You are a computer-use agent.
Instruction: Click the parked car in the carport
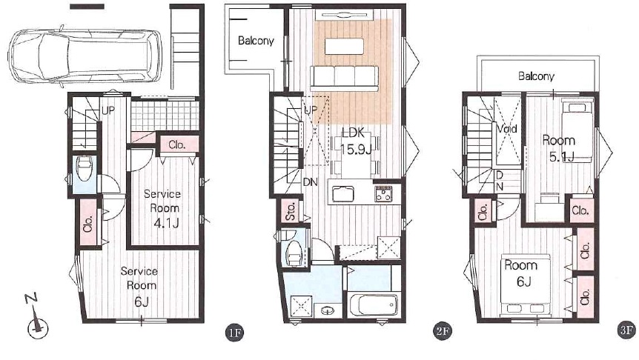(x=85, y=57)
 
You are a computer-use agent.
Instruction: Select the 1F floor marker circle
(x=234, y=333)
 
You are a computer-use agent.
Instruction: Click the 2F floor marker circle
(x=442, y=330)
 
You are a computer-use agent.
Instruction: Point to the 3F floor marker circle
(x=627, y=330)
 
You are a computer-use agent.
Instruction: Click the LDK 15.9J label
(x=355, y=141)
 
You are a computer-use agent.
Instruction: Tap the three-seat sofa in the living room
(x=345, y=77)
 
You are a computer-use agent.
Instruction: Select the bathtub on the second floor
(x=374, y=304)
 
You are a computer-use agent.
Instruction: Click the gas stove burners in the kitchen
(x=383, y=193)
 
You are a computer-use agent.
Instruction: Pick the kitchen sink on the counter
(x=343, y=194)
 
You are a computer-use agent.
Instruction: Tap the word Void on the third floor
(x=506, y=129)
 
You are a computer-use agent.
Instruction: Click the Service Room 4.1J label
(x=163, y=208)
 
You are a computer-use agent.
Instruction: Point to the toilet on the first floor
(x=85, y=170)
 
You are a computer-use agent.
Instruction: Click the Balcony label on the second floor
(x=256, y=41)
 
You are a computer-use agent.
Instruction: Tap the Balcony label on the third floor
(x=536, y=76)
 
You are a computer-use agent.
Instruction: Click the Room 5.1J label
(x=559, y=148)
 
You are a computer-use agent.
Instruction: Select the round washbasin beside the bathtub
(x=327, y=311)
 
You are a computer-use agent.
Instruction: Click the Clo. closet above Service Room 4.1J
(x=178, y=145)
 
